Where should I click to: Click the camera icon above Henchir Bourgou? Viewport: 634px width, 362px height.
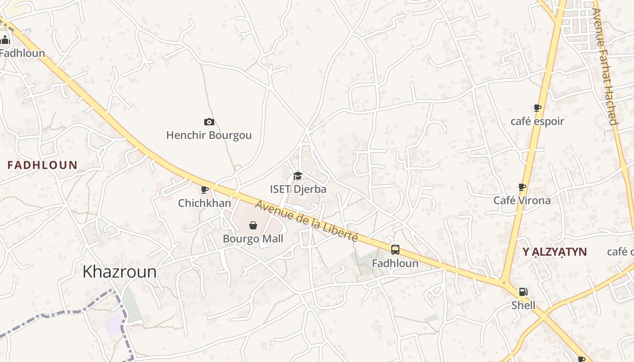(x=209, y=122)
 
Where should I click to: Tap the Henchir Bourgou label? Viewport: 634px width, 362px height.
(x=209, y=135)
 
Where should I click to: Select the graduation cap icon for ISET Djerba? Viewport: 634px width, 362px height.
(x=298, y=176)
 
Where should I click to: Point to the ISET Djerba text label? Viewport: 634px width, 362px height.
(x=298, y=189)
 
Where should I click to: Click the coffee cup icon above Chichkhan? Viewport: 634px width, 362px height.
(x=204, y=190)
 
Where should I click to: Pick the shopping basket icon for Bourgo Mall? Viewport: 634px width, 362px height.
(x=253, y=225)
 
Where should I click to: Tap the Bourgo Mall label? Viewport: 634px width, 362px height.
(x=253, y=238)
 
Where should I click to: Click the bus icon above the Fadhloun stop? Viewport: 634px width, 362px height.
(x=395, y=249)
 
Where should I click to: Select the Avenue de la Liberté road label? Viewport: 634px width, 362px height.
(x=307, y=221)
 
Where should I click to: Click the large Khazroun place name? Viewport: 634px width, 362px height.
(x=120, y=271)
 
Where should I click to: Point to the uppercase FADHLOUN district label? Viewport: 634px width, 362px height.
(x=43, y=165)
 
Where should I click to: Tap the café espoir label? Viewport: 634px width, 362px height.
(x=537, y=121)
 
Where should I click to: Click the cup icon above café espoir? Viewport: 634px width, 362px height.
(x=537, y=108)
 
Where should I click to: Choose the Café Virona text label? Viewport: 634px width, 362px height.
(x=522, y=200)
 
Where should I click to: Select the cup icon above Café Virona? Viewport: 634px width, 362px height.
(x=522, y=187)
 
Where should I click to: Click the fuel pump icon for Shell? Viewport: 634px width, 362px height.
(x=523, y=292)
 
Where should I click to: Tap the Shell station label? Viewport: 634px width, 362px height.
(x=523, y=305)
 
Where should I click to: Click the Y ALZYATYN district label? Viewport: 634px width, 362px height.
(x=555, y=252)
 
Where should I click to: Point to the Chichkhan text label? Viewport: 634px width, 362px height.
(x=204, y=203)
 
